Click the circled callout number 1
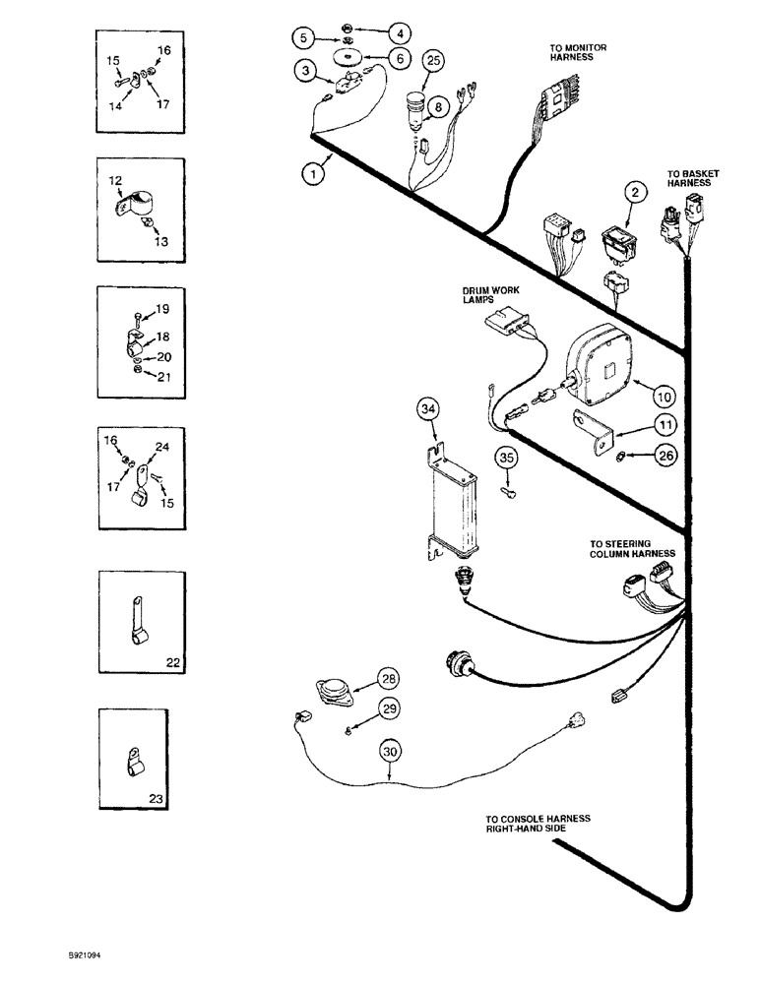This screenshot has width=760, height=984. click(312, 174)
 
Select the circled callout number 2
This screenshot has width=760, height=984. click(637, 193)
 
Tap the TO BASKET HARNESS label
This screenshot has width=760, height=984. click(692, 178)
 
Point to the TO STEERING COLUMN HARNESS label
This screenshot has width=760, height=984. click(632, 547)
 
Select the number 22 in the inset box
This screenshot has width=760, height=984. click(173, 664)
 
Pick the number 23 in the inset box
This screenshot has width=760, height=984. click(173, 802)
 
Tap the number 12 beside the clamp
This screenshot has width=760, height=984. click(115, 181)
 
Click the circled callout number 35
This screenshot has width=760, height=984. click(505, 457)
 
